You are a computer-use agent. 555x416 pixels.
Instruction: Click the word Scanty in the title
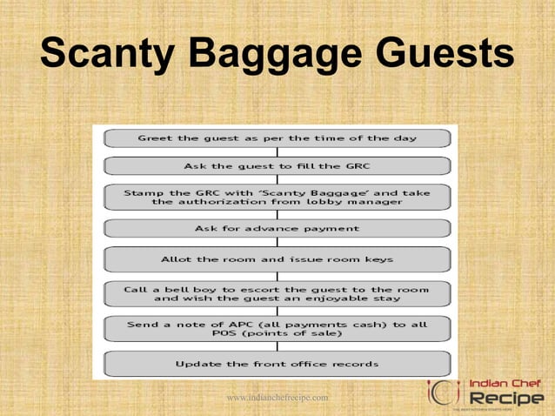(x=106, y=55)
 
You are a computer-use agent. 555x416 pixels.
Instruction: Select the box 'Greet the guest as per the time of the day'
(x=277, y=138)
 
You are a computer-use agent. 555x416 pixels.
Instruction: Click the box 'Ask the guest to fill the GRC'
(x=277, y=165)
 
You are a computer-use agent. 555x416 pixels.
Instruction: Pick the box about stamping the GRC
(x=277, y=198)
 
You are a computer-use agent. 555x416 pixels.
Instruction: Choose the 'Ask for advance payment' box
(x=277, y=229)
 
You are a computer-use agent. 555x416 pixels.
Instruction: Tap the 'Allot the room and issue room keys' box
(x=277, y=259)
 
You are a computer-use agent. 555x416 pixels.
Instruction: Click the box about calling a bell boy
(x=277, y=294)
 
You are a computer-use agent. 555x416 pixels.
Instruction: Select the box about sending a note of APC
(x=277, y=329)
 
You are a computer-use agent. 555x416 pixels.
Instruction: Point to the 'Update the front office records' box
(x=277, y=363)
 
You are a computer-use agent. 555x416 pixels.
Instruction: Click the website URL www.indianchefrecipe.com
(x=277, y=398)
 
